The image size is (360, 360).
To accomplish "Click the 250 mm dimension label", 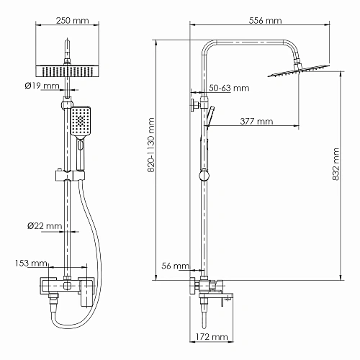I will tap(67, 20).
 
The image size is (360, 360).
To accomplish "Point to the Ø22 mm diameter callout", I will tap(43, 226).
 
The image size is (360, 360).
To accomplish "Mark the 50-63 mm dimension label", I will tap(229, 89).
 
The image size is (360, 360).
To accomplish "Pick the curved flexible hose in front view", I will tap(94, 238).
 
